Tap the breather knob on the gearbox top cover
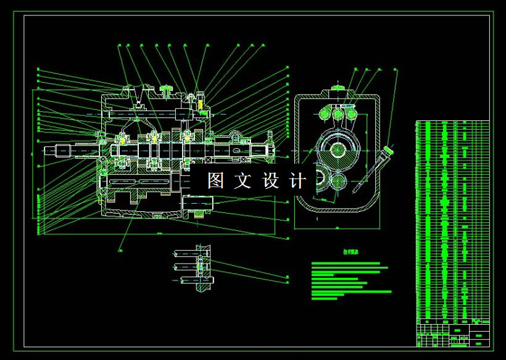(x=166, y=90)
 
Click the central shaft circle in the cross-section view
(x=338, y=149)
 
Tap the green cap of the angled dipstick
(x=388, y=150)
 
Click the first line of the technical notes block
(x=346, y=263)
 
